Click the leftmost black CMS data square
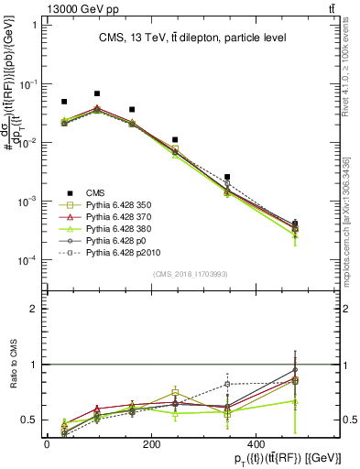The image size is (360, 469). click(x=64, y=102)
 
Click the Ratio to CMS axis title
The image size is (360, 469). click(x=13, y=377)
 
